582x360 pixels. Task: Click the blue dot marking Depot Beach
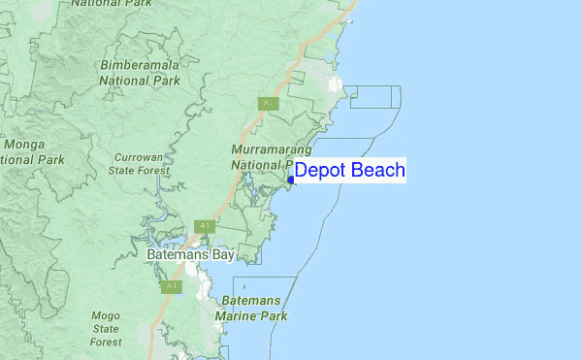pos(291,179)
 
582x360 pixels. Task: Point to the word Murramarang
pos(271,150)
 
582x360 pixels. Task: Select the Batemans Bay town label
pos(191,254)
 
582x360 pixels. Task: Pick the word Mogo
pos(106,315)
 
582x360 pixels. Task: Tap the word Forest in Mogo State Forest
pos(106,342)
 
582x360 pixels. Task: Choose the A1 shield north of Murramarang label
pos(266,103)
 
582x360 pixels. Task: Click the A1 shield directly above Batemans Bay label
pos(204,226)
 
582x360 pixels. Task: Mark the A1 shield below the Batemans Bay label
pos(172,286)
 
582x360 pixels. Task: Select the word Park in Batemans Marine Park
pos(273,316)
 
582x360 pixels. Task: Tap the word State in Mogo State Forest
pos(106,329)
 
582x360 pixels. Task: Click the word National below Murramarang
pos(256,165)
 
